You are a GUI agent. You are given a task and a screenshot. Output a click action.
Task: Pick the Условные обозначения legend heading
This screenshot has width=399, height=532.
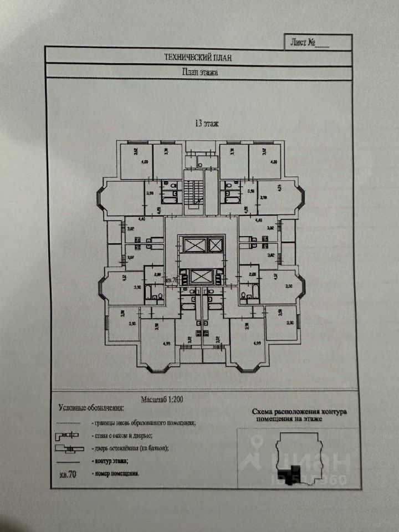coord(91,408)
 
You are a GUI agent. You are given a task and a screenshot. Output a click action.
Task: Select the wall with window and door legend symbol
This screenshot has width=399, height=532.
coord(68,435)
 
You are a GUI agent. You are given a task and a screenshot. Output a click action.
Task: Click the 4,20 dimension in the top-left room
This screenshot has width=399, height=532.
coord(145,162)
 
